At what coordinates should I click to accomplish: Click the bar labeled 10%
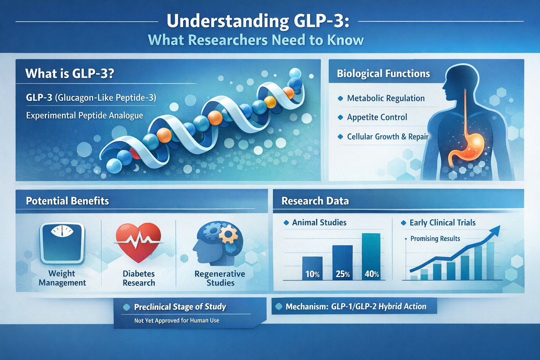312,268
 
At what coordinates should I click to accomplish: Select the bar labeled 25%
342,262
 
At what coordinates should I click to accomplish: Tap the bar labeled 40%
371,257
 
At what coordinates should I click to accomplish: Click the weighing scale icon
62,243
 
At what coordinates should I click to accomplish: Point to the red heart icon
139,242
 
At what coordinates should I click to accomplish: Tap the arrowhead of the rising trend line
495,231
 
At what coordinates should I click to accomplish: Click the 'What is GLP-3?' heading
70,73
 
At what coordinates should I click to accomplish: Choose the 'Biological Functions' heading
383,73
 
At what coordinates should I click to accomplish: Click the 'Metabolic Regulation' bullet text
386,98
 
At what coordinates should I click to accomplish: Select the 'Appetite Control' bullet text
377,117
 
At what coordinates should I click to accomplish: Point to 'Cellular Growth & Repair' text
387,137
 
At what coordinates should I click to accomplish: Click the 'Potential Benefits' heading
67,201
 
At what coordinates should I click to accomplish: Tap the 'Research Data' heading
315,201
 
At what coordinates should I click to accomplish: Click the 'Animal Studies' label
319,223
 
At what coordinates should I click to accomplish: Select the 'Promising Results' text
435,239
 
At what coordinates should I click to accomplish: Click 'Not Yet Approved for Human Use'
176,321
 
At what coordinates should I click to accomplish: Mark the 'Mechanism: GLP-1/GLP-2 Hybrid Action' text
356,307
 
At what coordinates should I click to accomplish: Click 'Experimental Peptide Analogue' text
84,116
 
